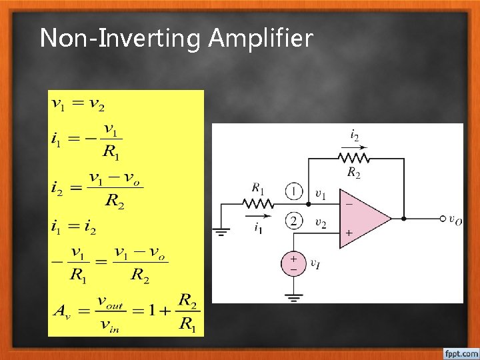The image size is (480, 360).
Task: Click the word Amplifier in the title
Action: (260, 39)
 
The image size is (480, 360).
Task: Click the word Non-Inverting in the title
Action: (120, 39)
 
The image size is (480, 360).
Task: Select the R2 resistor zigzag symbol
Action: (354, 158)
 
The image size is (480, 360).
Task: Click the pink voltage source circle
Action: (293, 263)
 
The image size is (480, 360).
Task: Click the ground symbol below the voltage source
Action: (293, 296)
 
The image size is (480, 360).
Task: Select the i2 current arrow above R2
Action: (354, 147)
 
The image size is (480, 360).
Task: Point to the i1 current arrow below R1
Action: (261, 215)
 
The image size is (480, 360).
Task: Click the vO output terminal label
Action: (455, 219)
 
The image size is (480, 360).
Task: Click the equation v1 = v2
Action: (77, 104)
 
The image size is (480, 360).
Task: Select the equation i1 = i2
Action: (73, 229)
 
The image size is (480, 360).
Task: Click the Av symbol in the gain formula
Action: (64, 311)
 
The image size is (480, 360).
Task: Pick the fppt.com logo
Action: (460, 351)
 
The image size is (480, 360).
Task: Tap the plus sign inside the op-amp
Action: (348, 233)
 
